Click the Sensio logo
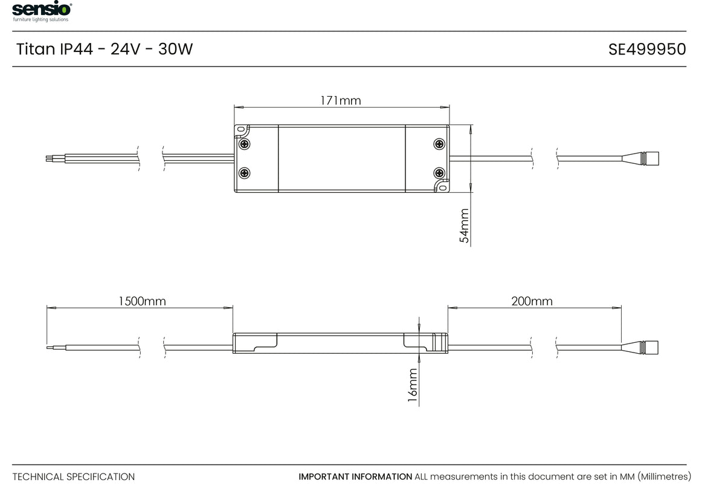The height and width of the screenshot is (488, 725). pos(42,11)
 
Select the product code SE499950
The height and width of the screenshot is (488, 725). pos(647,49)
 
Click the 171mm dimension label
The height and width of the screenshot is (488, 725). pos(341,101)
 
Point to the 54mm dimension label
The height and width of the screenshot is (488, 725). pos(464,226)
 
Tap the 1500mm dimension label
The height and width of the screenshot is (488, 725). pos(142,301)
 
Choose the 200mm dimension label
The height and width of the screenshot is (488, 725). pos(532,301)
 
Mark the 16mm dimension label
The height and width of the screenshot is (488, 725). pos(412,385)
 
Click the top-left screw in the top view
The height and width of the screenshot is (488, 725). pos(244,144)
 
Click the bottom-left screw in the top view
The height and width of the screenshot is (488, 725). pos(244,173)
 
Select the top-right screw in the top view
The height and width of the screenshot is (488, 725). pos(439,144)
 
